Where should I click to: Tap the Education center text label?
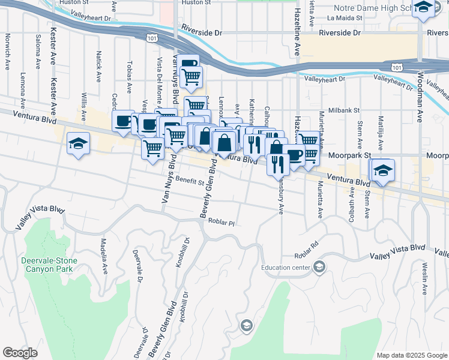coord(285,267)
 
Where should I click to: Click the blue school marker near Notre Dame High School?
coord(424,8)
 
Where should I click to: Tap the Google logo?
coord(20,353)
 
